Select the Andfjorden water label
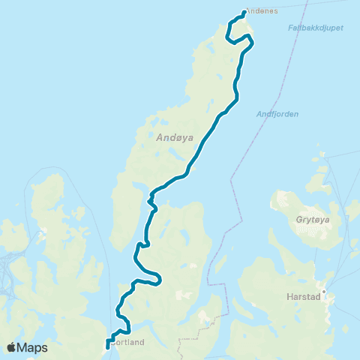coord(277,114)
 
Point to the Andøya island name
coord(173,137)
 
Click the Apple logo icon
coord(12,347)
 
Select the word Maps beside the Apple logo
coord(33,347)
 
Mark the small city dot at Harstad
coord(324,291)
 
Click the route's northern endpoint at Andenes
coord(245,12)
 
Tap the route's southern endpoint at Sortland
coord(108,346)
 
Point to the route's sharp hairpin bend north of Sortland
coord(159,280)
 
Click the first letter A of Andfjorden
coord(259,114)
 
